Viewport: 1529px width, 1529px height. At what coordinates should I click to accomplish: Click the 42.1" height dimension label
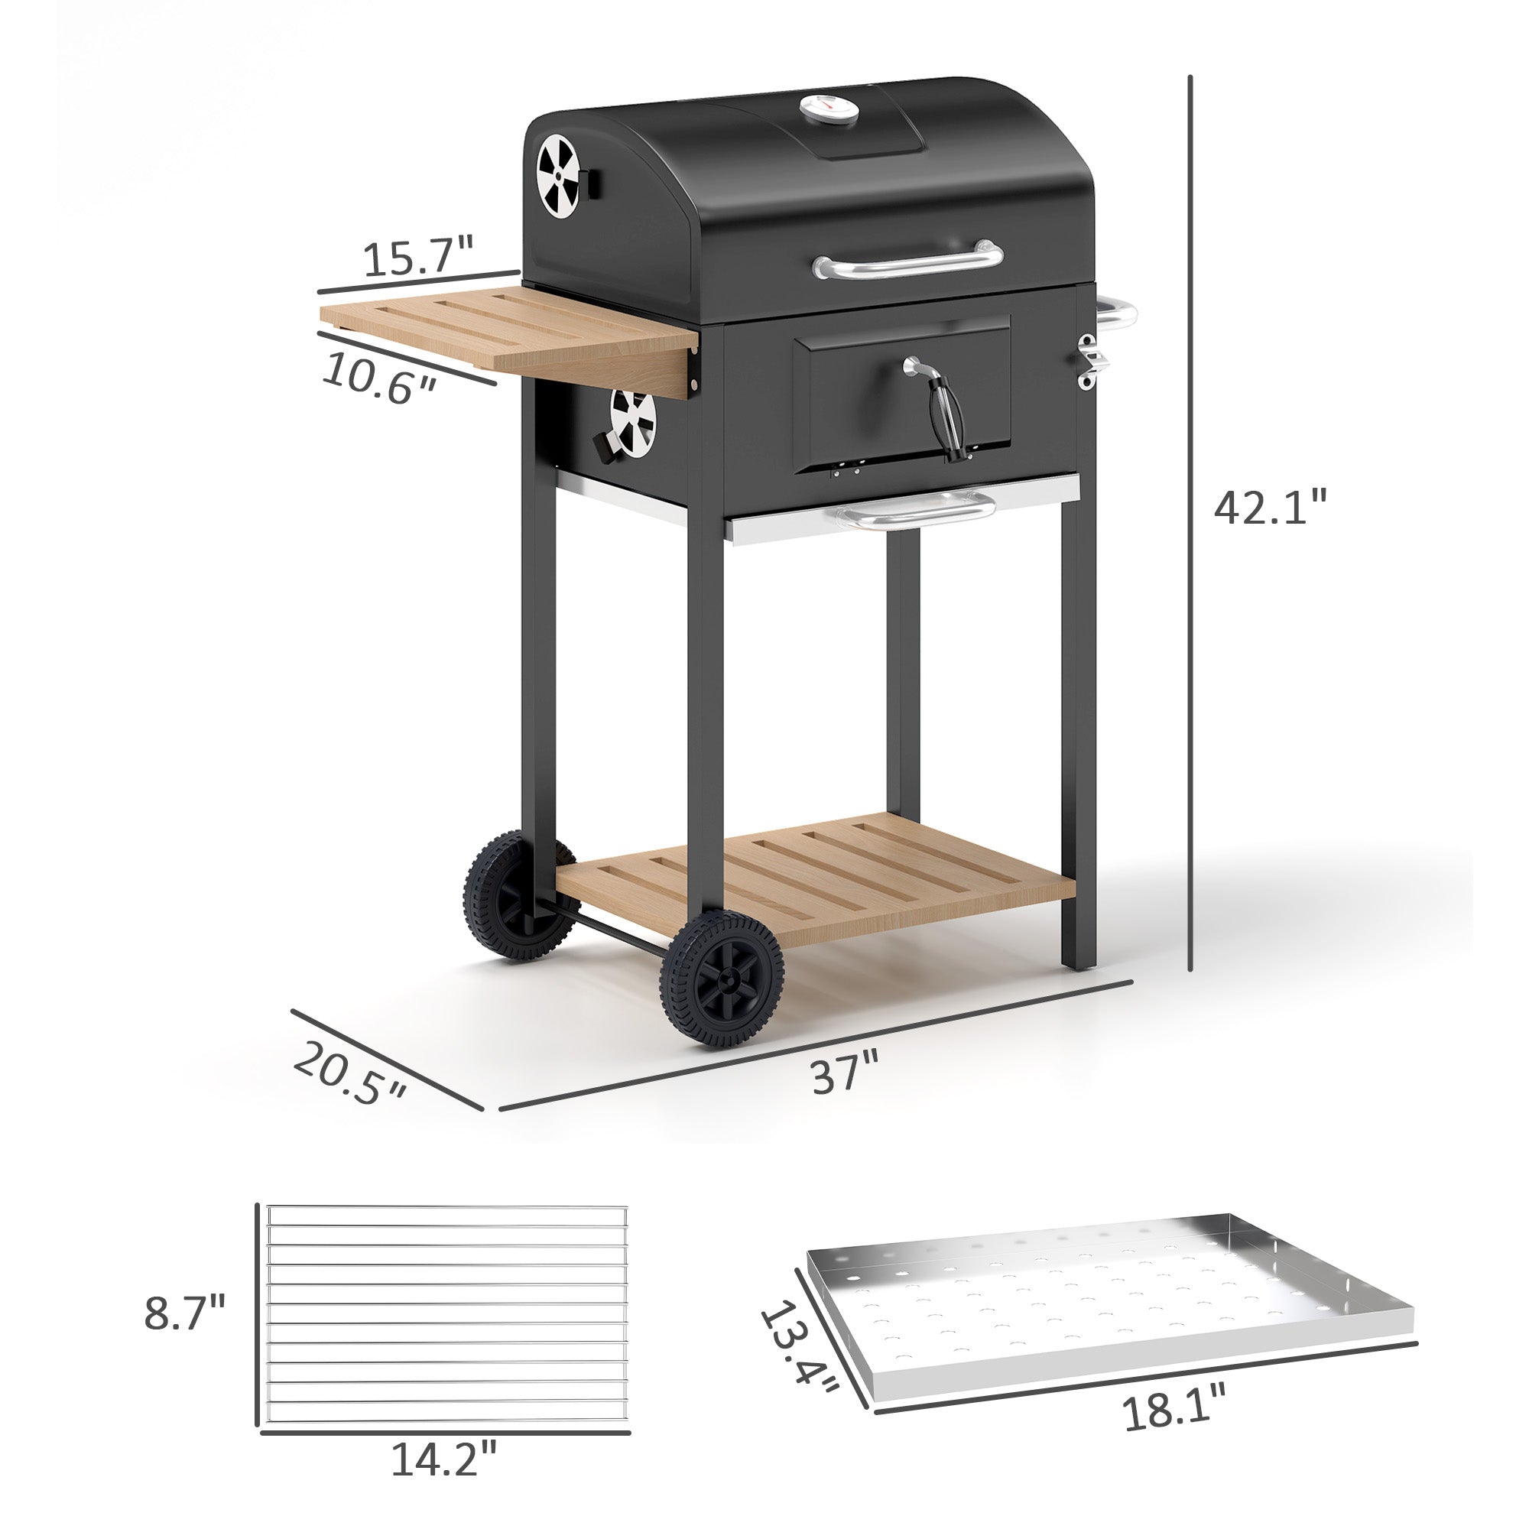[1269, 508]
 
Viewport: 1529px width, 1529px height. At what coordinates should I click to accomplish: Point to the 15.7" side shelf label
[418, 257]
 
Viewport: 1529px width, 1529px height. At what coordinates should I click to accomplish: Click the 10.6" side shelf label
[379, 378]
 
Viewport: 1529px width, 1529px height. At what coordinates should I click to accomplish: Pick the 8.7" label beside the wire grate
[184, 1313]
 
